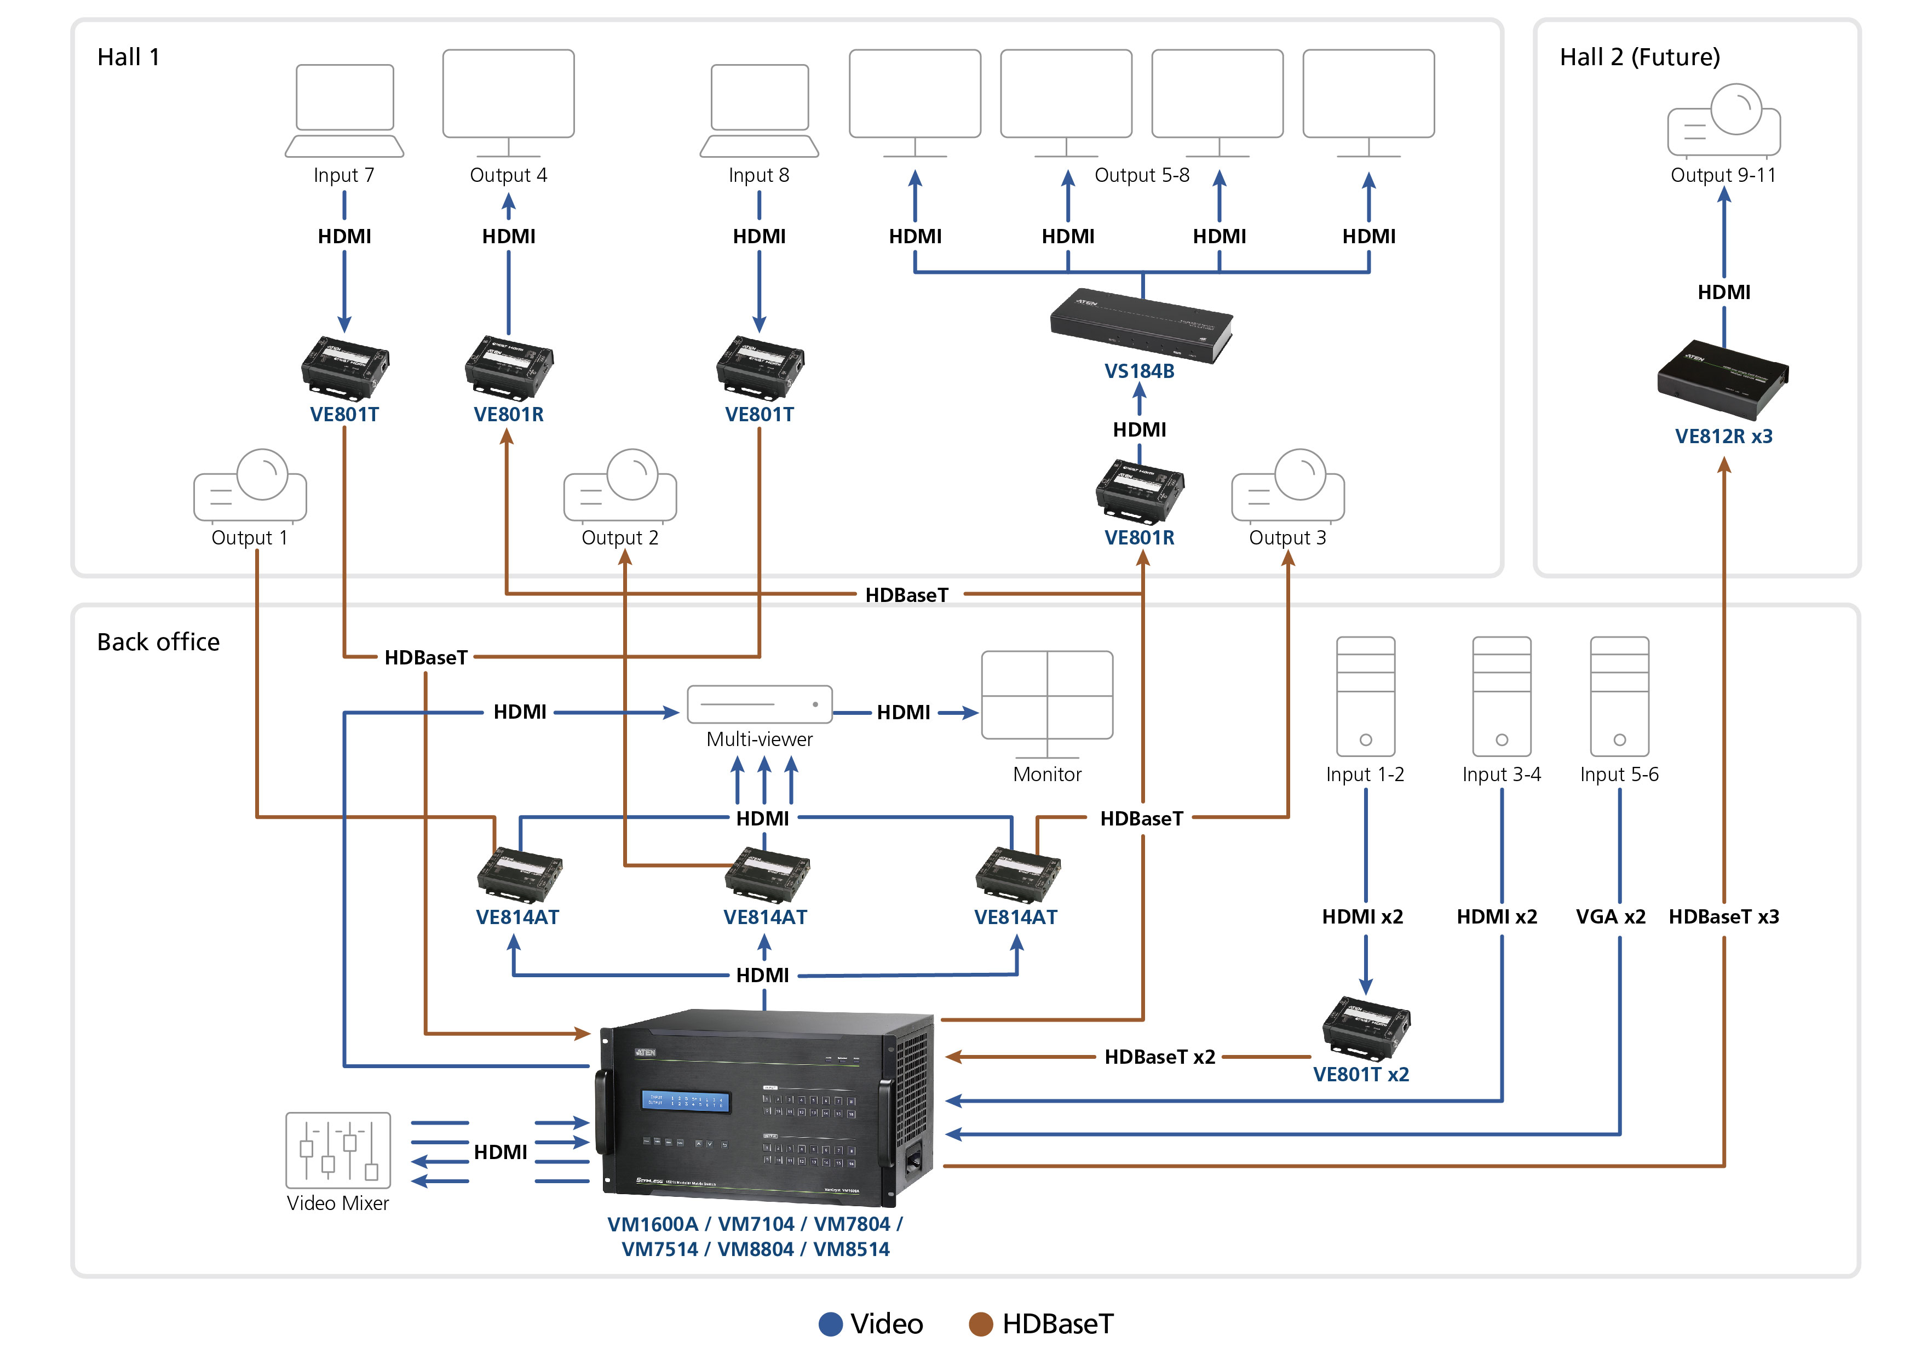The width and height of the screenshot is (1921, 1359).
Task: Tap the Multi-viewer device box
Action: point(759,704)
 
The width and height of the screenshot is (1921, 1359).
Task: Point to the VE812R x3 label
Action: point(1723,436)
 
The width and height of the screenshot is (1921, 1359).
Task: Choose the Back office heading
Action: point(158,642)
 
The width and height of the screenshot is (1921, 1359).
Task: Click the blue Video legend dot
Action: point(830,1324)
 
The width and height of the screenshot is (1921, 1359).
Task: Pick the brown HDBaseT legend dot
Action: point(981,1324)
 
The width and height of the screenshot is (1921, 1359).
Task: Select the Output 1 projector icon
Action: point(250,485)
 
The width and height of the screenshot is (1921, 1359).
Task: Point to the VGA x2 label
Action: point(1610,916)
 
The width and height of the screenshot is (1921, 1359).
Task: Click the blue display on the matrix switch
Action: point(685,1101)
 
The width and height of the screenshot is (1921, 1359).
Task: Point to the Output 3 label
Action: point(1287,537)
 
